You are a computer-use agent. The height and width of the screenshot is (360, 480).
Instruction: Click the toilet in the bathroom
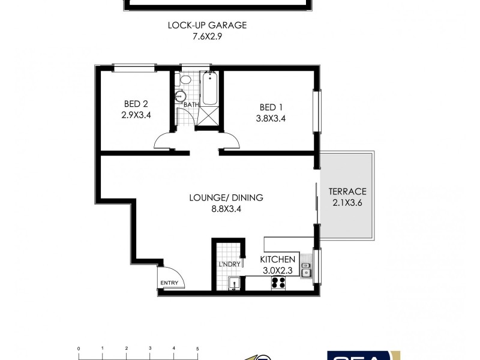point(185,80)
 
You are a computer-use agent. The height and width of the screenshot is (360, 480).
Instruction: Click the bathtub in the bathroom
point(210,88)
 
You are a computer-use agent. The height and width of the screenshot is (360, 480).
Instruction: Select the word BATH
point(191,105)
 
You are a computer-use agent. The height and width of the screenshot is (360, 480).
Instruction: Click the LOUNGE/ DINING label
point(226,197)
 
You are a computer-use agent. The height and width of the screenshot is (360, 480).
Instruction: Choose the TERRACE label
point(347,192)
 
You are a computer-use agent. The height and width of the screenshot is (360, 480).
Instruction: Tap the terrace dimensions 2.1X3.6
point(347,203)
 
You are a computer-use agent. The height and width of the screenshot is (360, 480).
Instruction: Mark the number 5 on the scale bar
point(197,348)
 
